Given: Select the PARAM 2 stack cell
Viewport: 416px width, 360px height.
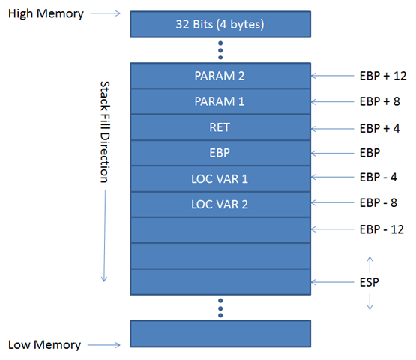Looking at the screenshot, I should click(x=220, y=76).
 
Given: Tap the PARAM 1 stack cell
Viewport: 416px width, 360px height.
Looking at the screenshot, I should click(x=220, y=101).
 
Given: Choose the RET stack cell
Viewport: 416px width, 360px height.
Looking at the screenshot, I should click(x=220, y=127).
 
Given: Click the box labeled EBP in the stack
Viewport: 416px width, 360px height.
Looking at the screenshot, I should click(x=220, y=152).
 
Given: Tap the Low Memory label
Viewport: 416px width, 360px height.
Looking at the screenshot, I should click(x=44, y=345).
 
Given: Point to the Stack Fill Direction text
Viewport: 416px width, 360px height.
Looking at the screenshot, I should click(x=104, y=132).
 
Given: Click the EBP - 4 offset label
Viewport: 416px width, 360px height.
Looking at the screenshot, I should click(x=379, y=178).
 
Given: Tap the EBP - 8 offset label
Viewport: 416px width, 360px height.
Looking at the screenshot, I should click(x=379, y=202).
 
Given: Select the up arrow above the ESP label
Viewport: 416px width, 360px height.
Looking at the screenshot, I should click(x=369, y=262).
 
